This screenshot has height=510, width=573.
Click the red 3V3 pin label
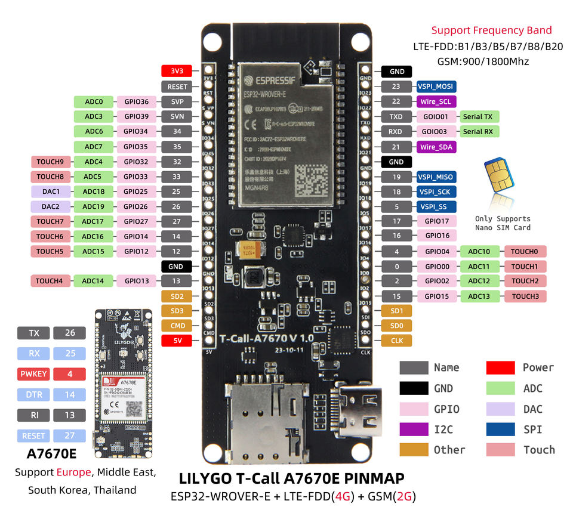(177, 71)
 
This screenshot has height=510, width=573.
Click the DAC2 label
(50, 206)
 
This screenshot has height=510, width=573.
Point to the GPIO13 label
(136, 281)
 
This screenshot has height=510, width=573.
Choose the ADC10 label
(479, 252)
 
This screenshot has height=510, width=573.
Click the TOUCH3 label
(525, 296)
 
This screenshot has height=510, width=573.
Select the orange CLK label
(396, 341)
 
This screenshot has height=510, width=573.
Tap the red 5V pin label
(177, 341)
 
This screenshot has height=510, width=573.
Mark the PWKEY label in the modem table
(33, 374)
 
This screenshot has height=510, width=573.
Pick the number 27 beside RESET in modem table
(70, 435)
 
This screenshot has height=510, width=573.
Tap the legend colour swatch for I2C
(414, 429)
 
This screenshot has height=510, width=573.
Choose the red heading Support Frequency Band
(491, 30)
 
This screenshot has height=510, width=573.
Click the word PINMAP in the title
(370, 478)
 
